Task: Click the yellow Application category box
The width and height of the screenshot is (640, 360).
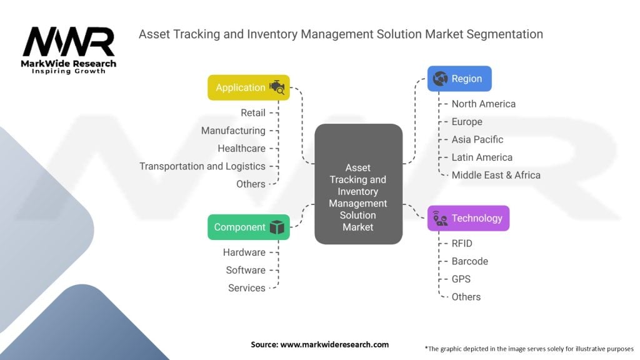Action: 248,87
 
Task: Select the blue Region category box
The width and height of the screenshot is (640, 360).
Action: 459,79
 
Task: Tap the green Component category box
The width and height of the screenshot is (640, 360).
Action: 248,227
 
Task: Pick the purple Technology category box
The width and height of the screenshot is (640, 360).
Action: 468,218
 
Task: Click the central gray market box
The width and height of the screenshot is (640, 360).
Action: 358,184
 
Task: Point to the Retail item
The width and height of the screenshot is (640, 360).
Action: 253,113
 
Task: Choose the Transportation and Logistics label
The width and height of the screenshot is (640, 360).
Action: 202,166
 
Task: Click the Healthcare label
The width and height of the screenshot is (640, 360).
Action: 241,149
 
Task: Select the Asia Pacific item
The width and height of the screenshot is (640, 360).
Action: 477,139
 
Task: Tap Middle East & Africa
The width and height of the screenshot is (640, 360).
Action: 496,175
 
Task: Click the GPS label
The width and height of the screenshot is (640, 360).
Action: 461,279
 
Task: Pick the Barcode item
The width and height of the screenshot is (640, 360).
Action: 469,261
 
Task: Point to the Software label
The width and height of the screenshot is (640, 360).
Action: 246,270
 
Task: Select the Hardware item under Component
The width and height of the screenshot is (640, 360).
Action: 244,252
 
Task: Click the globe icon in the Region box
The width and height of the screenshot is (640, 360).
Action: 440,79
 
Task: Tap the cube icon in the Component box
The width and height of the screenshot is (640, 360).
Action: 277,227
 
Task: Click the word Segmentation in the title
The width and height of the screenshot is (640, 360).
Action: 506,34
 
